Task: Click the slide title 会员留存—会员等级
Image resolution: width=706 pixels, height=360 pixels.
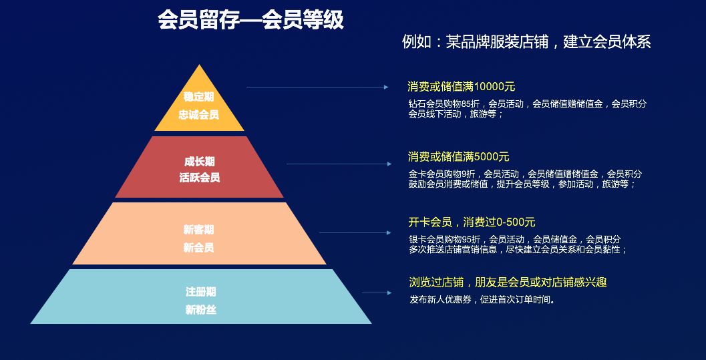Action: tap(250, 20)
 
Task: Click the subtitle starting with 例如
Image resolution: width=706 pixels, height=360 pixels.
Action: tap(526, 42)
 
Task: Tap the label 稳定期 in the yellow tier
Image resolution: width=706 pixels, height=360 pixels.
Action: tap(198, 97)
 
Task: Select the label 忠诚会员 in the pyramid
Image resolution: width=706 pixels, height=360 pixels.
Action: tap(198, 115)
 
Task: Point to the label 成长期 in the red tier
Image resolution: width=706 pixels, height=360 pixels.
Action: tap(199, 162)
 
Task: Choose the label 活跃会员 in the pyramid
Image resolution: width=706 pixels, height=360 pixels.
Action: tap(199, 178)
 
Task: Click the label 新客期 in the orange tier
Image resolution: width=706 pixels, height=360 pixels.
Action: tap(199, 230)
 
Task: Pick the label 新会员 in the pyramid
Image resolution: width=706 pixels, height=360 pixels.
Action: tap(199, 248)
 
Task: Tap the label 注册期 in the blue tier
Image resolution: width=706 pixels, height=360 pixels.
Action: tap(200, 292)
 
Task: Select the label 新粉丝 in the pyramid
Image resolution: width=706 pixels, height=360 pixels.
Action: tap(200, 310)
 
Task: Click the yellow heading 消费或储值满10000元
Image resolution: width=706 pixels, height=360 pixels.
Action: tap(461, 87)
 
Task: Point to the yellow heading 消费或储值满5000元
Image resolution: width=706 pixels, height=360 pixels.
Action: tap(458, 157)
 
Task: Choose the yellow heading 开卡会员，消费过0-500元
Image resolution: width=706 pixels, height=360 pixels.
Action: tap(472, 222)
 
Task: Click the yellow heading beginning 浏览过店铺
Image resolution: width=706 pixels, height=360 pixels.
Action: tap(508, 283)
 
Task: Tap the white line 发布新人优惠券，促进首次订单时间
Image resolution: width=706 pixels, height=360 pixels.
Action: tap(482, 299)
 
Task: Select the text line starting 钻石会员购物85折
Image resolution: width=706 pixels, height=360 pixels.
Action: tap(527, 104)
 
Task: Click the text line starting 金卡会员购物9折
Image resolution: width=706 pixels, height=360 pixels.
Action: tap(525, 174)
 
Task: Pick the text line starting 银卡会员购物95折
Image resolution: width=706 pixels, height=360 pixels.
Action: tap(514, 239)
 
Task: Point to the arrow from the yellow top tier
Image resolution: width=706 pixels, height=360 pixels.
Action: tap(317, 87)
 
